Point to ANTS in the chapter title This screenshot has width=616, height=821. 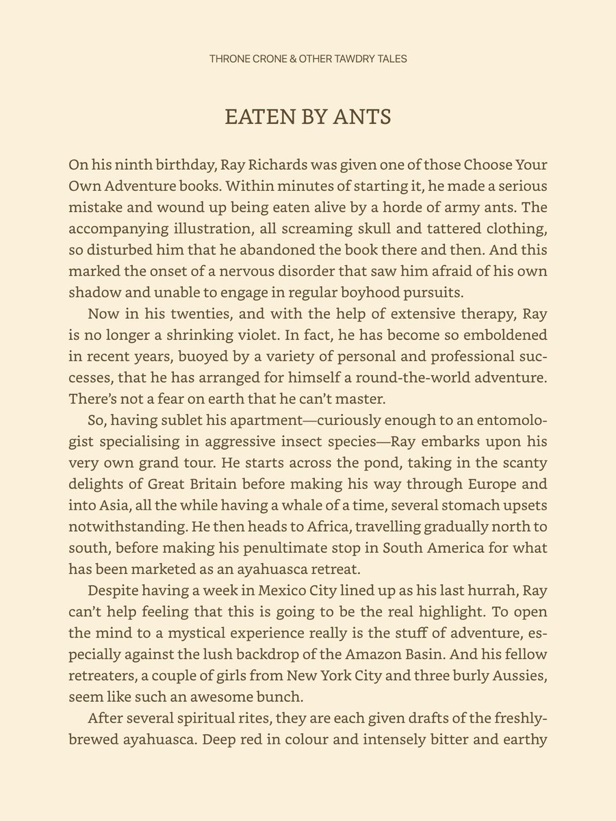pos(362,117)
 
